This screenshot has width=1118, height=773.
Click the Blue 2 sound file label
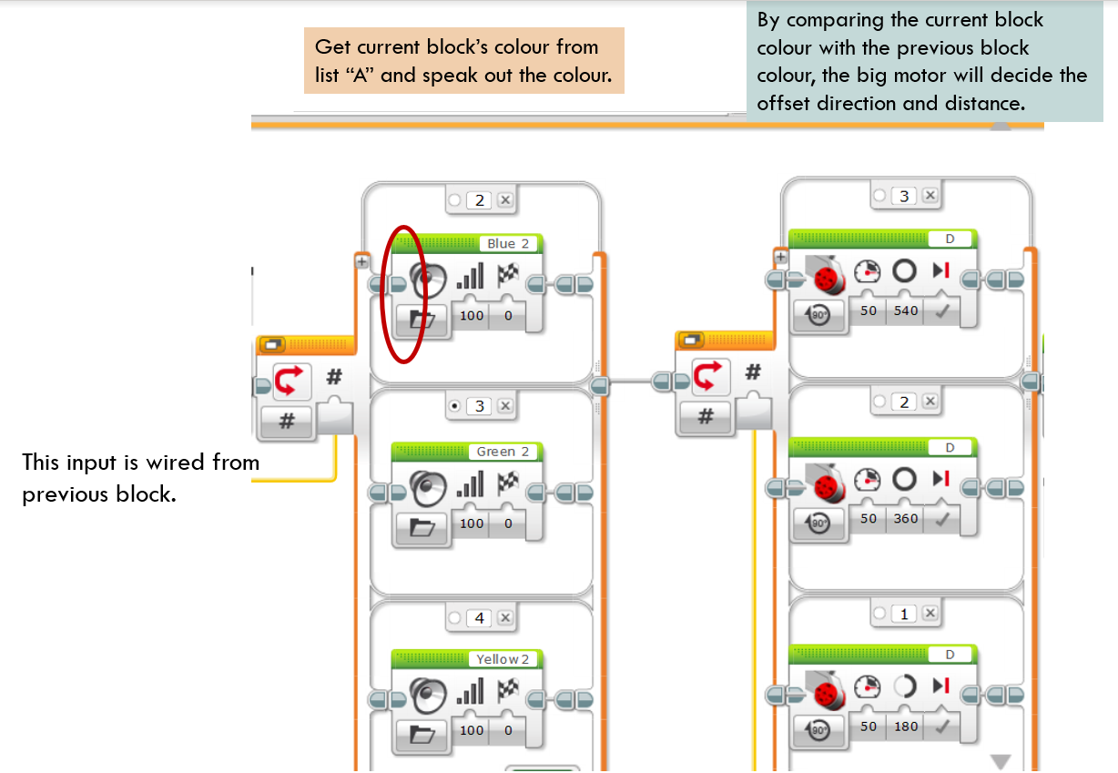tap(508, 244)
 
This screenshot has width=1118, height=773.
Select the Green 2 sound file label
tap(503, 452)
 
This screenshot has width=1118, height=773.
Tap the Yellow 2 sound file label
tap(503, 659)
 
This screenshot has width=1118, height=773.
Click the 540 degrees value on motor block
tap(906, 310)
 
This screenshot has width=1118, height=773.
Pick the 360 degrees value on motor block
tap(906, 518)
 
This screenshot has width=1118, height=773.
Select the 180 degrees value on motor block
tap(906, 727)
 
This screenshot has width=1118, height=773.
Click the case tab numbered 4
tap(480, 618)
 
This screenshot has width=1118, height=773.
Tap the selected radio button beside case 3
tap(454, 406)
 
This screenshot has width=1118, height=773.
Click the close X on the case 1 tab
tap(930, 614)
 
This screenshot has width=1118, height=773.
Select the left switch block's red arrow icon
tap(288, 380)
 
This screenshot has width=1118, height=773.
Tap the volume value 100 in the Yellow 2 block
tap(472, 730)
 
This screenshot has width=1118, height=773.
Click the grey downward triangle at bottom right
tap(1001, 761)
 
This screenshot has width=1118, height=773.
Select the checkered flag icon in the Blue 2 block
tap(507, 275)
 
